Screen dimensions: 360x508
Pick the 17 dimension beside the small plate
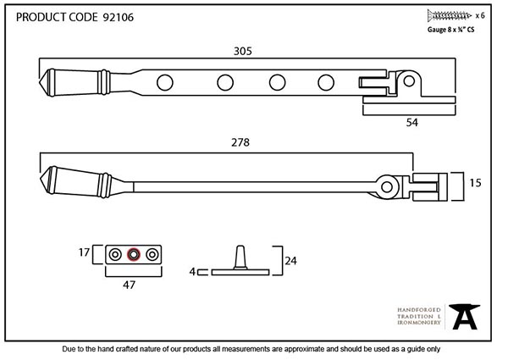pos(84,252)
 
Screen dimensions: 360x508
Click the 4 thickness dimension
pos(192,272)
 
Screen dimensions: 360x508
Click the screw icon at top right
pos(450,14)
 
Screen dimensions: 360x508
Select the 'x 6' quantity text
pos(481,15)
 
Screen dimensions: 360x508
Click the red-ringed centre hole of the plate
pos(132,253)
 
